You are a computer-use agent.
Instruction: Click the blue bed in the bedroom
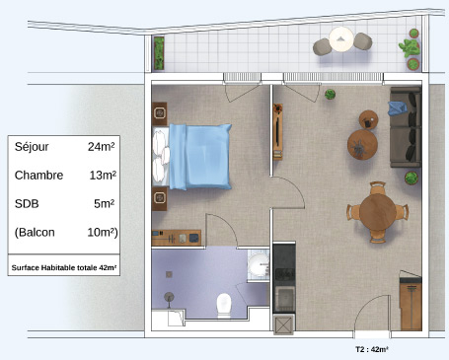click(192, 157)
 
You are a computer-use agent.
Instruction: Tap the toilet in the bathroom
click(224, 306)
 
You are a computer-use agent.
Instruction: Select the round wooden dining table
click(377, 212)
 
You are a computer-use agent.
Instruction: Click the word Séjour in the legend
click(32, 147)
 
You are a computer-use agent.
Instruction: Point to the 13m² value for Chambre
click(103, 176)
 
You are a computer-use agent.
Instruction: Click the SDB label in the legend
click(27, 204)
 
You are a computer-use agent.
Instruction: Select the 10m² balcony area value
click(102, 233)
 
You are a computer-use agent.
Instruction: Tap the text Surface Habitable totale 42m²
click(64, 267)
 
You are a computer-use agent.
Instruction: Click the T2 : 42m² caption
click(372, 349)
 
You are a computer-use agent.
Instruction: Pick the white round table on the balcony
click(341, 39)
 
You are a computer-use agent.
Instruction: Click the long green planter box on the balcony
click(159, 53)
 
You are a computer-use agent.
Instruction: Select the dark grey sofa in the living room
click(406, 127)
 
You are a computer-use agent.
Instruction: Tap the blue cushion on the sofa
click(397, 108)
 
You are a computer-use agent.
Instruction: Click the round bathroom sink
click(259, 264)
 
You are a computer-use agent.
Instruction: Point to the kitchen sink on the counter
click(285, 299)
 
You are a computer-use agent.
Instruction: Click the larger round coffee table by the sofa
click(362, 145)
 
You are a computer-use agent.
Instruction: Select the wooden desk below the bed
click(177, 238)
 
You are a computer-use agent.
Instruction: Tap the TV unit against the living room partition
click(278, 131)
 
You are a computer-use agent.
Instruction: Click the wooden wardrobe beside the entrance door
click(411, 303)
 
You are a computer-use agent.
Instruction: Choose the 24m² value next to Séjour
click(101, 147)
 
